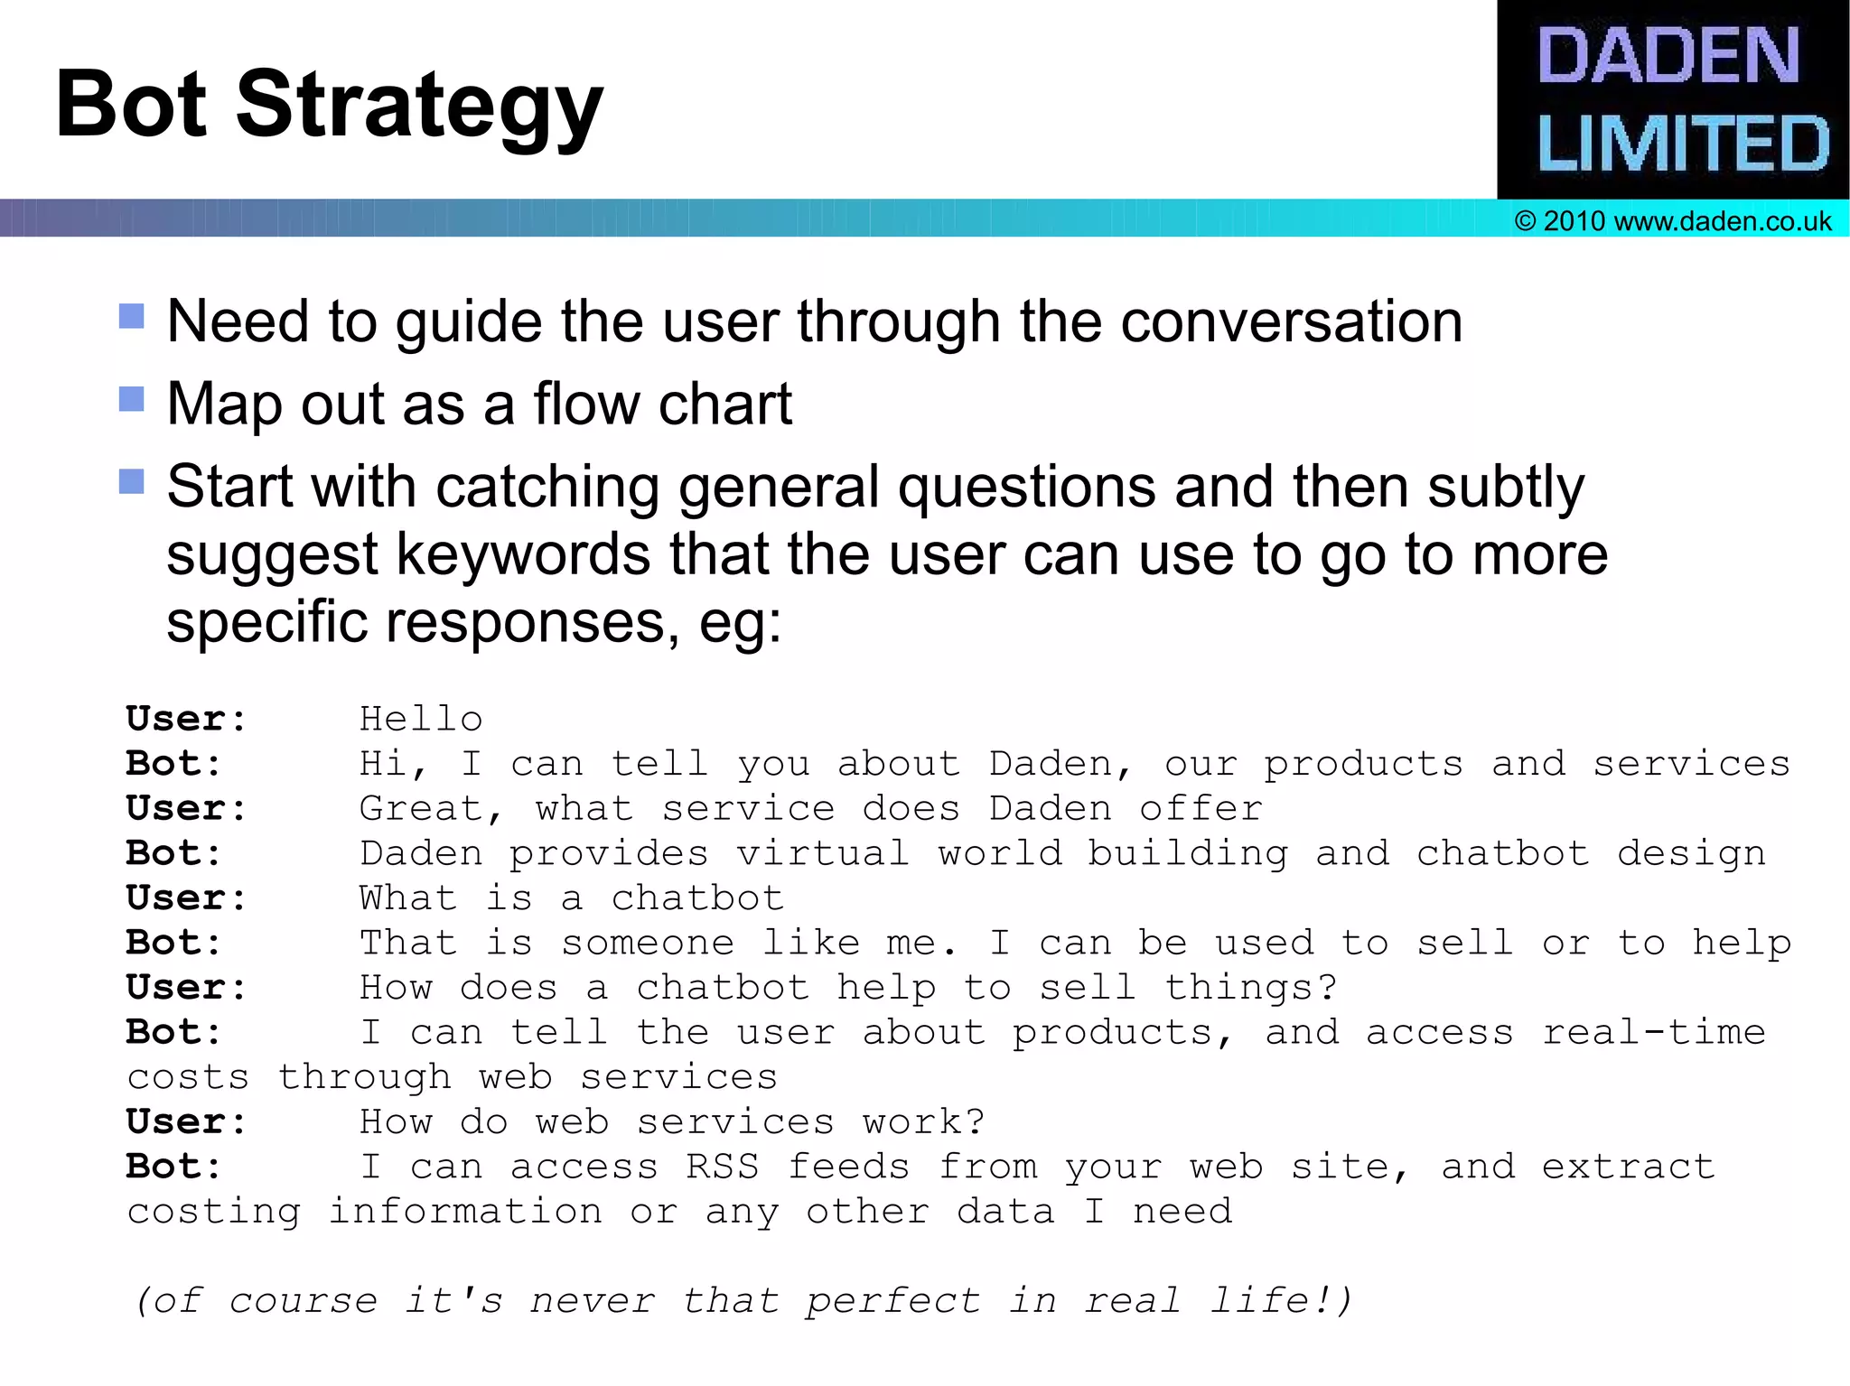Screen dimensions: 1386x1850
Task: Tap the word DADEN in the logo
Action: (x=1668, y=56)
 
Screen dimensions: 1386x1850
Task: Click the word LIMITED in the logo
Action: (x=1683, y=144)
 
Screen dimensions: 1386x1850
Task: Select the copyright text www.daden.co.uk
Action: (x=1722, y=221)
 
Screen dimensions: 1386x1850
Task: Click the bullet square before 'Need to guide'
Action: (x=132, y=316)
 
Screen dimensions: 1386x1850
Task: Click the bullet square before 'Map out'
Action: (x=132, y=398)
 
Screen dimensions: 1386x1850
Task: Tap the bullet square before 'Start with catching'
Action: (x=132, y=480)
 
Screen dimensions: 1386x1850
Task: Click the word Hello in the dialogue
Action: (x=421, y=720)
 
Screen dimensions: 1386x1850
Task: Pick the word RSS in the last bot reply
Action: (x=722, y=1167)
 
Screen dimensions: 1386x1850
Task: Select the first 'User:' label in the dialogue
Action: (x=186, y=720)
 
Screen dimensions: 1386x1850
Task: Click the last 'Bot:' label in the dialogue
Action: (x=173, y=1167)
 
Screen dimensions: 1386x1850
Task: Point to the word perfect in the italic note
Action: (x=892, y=1301)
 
